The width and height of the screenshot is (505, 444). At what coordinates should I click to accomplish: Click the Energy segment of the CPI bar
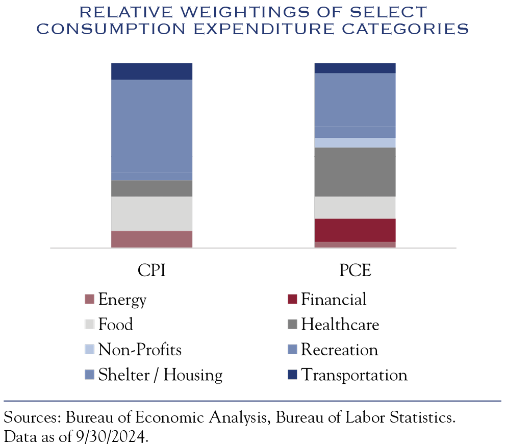pyautogui.click(x=151, y=239)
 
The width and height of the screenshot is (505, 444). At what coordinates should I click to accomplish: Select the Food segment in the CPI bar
pyautogui.click(x=151, y=213)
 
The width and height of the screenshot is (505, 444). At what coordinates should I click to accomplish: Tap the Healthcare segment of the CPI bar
pyautogui.click(x=151, y=188)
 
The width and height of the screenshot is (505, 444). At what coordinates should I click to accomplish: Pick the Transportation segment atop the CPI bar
pyautogui.click(x=151, y=71)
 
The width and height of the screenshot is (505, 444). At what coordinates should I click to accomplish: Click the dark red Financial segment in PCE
pyautogui.click(x=355, y=230)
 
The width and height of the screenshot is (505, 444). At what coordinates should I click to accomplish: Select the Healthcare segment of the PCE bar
pyautogui.click(x=355, y=172)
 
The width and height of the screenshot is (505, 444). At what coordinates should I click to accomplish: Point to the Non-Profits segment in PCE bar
pyautogui.click(x=355, y=142)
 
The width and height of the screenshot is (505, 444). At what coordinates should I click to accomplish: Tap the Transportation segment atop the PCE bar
pyautogui.click(x=355, y=68)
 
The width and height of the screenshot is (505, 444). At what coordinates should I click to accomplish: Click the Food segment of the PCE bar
pyautogui.click(x=355, y=207)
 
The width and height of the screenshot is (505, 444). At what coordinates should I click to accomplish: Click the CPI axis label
pyautogui.click(x=151, y=271)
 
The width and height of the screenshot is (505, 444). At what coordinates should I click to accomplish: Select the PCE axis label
pyautogui.click(x=355, y=271)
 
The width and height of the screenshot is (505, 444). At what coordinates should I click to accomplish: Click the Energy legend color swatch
pyautogui.click(x=90, y=300)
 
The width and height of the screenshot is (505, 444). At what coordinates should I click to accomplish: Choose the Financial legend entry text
pyautogui.click(x=334, y=300)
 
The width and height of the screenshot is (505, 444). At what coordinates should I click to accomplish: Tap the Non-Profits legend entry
pyautogui.click(x=140, y=350)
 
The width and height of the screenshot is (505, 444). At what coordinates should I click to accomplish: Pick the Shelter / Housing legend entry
pyautogui.click(x=160, y=376)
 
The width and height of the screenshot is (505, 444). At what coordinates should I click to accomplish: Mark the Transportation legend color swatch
pyautogui.click(x=292, y=376)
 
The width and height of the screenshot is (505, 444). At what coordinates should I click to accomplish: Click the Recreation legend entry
pyautogui.click(x=339, y=350)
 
